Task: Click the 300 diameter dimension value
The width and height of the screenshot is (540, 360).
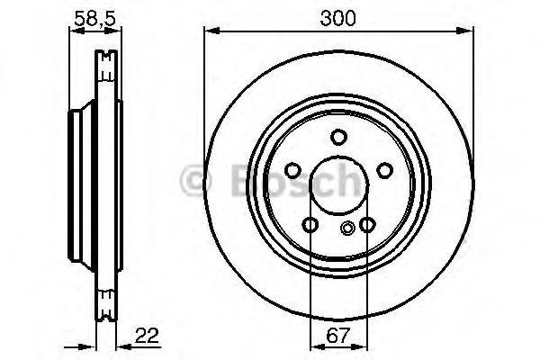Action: coord(339,16)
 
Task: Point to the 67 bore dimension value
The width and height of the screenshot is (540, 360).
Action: coord(338,337)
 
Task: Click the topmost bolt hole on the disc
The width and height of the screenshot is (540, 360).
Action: coord(338,137)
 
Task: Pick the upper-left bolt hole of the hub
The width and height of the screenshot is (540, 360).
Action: coord(292,171)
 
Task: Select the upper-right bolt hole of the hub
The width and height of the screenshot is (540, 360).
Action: coord(384,171)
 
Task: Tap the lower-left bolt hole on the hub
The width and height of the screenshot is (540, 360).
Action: coord(310,224)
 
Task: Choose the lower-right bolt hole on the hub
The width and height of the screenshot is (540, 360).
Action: coord(366,224)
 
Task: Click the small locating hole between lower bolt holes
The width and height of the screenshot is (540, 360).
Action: coord(347,228)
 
